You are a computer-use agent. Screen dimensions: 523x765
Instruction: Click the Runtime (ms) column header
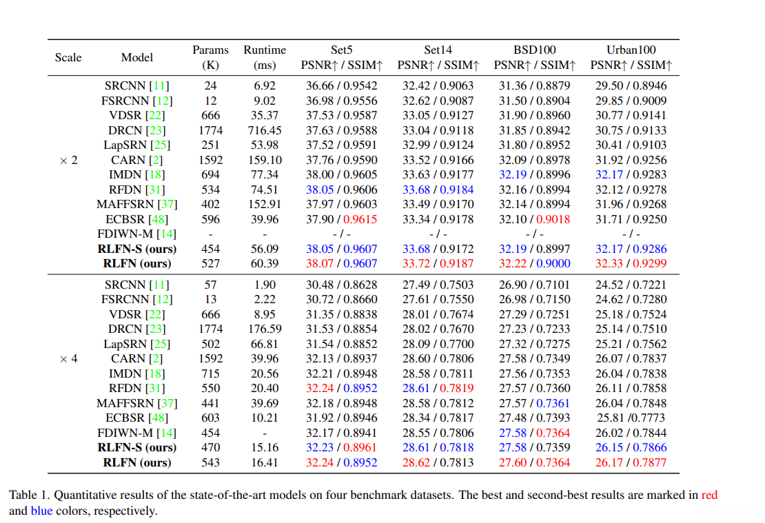[x=265, y=57]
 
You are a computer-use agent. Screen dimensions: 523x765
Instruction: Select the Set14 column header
[x=438, y=50]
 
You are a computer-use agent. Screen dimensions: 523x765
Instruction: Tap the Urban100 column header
[x=631, y=50]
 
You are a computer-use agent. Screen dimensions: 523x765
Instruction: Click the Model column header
[x=137, y=57]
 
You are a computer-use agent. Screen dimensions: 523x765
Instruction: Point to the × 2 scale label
[x=68, y=160]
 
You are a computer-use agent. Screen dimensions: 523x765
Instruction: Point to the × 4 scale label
[x=68, y=358]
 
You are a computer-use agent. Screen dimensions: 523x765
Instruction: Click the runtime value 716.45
[x=265, y=130]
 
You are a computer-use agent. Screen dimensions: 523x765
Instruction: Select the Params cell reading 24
[x=210, y=85]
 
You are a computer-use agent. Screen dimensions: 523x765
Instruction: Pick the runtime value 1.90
[x=265, y=285]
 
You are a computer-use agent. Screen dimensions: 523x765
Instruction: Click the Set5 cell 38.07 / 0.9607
[x=341, y=263]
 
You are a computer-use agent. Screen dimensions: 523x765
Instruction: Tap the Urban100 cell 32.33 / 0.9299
[x=631, y=263]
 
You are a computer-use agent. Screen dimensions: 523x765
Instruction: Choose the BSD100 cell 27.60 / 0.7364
[x=534, y=462]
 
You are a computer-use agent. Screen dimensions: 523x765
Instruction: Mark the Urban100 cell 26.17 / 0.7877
[x=631, y=462]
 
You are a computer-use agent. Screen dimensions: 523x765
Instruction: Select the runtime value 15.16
[x=265, y=447]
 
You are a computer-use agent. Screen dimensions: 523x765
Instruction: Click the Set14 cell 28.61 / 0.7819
[x=438, y=388]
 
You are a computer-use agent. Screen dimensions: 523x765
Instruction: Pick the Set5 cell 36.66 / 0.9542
[x=341, y=85]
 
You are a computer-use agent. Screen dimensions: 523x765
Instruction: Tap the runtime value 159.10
[x=265, y=160]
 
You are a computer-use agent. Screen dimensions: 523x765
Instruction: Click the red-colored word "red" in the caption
[x=709, y=495]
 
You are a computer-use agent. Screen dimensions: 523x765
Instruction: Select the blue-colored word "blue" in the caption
[x=41, y=511]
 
